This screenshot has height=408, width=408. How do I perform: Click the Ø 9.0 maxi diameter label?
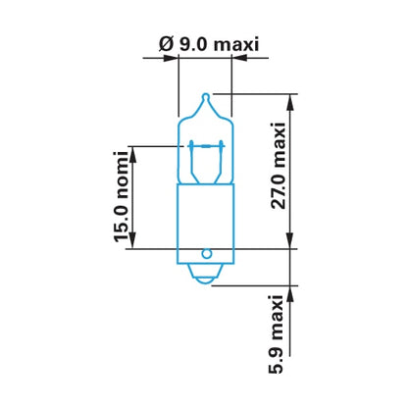coord(209,44)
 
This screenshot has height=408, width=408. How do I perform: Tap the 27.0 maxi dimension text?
coord(279,166)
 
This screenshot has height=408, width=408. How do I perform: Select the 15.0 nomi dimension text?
coord(121,197)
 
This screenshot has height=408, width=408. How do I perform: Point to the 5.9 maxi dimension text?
coord(276,334)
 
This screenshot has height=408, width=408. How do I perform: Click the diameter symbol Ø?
coord(166,44)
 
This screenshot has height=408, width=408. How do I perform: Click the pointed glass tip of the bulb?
coord(206,97)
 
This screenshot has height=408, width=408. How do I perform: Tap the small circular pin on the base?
coord(207,254)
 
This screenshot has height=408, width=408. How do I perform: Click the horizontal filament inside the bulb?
coord(206,146)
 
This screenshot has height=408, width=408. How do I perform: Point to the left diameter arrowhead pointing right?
coord(171,58)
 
